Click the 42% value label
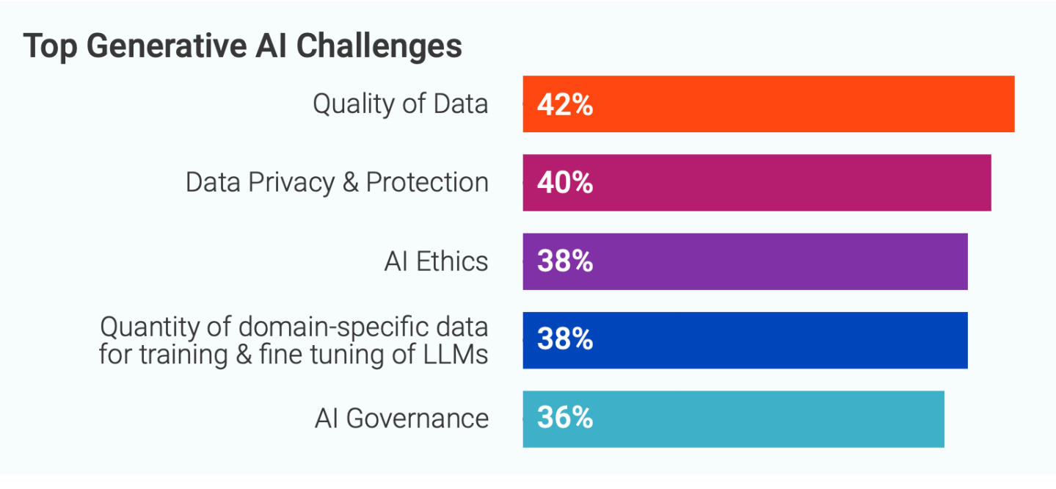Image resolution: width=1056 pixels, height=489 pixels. tap(564, 105)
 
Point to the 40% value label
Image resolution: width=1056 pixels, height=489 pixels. tap(564, 184)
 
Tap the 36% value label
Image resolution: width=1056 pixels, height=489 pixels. tap(564, 419)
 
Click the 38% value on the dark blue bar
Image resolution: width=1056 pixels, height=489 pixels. tap(564, 340)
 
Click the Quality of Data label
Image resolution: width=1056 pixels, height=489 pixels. tap(400, 104)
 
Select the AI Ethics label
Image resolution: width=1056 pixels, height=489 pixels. tap(436, 261)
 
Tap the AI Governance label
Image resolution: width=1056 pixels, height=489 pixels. tap(401, 419)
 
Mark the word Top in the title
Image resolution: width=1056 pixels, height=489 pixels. tap(50, 46)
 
